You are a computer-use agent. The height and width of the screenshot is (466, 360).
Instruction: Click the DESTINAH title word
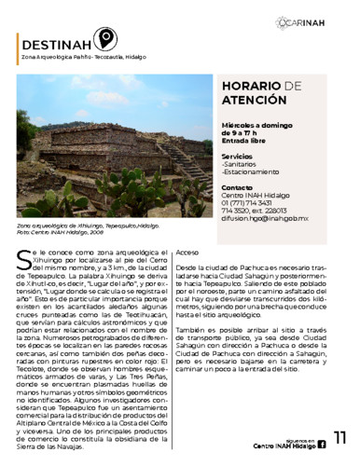click(x=56, y=42)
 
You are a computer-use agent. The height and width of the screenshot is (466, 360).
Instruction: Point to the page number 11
click(x=339, y=439)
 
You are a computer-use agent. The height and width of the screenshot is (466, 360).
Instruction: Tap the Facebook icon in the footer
click(x=322, y=446)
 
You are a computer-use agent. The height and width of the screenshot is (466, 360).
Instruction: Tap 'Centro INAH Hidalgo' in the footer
click(x=284, y=447)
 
